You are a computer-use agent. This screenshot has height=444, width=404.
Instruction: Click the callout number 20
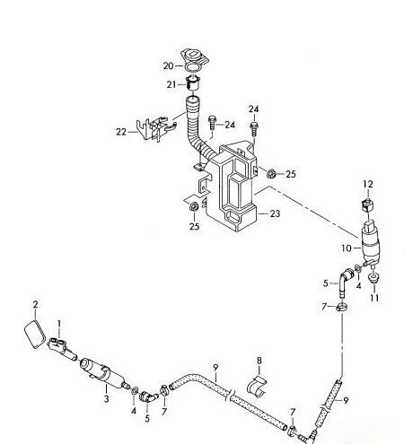coord(168,65)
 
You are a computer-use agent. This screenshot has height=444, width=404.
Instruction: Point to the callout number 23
coord(275,213)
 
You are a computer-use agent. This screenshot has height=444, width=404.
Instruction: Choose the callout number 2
coord(35,304)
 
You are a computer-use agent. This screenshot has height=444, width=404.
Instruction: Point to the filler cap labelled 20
coord(193,57)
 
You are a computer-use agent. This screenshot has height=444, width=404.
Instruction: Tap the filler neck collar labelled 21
coord(191,85)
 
